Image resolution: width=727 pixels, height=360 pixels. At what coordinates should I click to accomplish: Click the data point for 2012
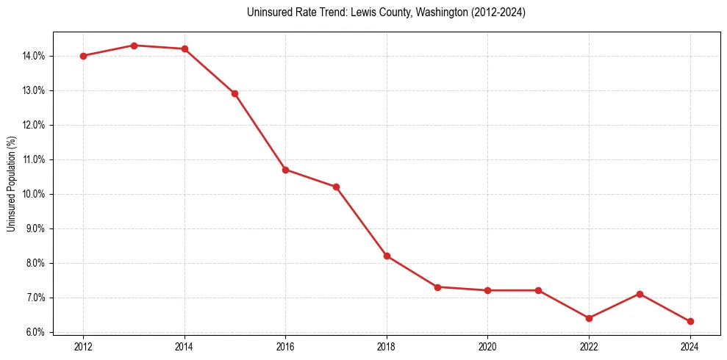83,56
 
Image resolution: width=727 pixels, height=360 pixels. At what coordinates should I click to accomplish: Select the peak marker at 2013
134,46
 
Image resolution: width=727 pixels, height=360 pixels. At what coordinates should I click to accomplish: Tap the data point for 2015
235,93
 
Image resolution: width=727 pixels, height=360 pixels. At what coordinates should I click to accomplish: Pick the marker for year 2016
285,170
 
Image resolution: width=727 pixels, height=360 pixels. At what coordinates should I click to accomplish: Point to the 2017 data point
336,187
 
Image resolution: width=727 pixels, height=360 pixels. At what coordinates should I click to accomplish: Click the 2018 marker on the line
387,256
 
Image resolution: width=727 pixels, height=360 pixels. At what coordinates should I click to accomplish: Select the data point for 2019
437,287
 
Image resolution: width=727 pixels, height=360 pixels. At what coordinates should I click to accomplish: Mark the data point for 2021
538,290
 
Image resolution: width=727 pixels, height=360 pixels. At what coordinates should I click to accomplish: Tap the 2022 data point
589,318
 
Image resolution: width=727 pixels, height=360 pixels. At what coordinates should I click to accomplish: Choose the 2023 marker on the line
640,294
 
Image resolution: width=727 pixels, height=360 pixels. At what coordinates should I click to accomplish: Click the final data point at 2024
690,321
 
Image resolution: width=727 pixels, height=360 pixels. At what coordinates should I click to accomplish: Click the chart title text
387,12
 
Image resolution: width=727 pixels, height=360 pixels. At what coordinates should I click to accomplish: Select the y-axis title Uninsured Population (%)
11,184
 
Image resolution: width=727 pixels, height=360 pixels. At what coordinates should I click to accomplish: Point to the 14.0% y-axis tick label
33,56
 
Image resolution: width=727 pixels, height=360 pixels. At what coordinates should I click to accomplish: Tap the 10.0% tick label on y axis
33,194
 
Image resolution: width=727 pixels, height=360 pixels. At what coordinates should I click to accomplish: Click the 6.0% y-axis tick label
35,332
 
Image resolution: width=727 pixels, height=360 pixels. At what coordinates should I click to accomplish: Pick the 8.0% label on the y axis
35,263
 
